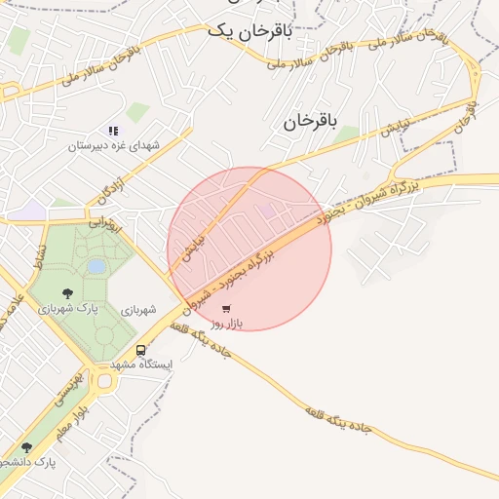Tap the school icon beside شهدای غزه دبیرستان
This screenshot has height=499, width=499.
(x=114, y=131)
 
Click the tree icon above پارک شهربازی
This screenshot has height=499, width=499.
(x=67, y=292)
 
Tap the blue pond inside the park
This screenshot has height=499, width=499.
(x=96, y=265)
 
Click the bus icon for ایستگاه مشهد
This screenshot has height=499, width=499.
(x=141, y=350)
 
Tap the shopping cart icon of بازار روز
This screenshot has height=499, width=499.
(x=226, y=308)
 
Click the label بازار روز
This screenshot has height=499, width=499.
(x=227, y=323)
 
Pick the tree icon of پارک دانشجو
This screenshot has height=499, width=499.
(x=26, y=447)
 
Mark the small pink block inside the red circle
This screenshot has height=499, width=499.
(x=265, y=210)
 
